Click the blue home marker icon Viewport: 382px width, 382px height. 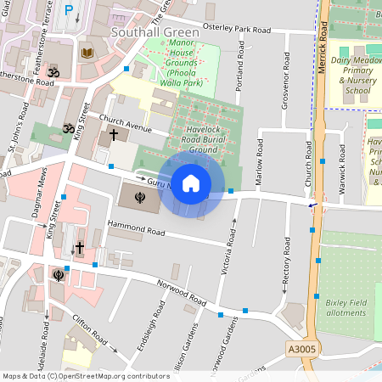[x=191, y=183]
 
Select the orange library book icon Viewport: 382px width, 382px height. [x=86, y=53]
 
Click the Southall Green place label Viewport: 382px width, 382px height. [x=155, y=32]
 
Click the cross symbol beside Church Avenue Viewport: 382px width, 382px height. [x=113, y=136]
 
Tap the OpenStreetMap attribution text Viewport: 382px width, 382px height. [x=86, y=375]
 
